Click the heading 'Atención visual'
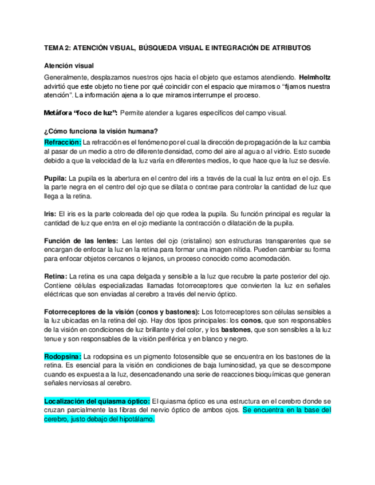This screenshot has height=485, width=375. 69,66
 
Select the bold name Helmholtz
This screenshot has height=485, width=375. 315,76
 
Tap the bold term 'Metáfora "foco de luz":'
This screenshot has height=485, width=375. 81,112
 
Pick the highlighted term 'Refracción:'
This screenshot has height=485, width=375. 62,141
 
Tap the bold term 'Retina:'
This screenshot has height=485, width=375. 56,276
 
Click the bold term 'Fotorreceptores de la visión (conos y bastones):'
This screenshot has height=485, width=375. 122,312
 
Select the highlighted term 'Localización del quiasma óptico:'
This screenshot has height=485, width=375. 97,401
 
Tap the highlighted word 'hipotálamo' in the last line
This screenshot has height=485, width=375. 136,419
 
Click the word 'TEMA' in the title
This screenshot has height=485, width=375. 54,48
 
